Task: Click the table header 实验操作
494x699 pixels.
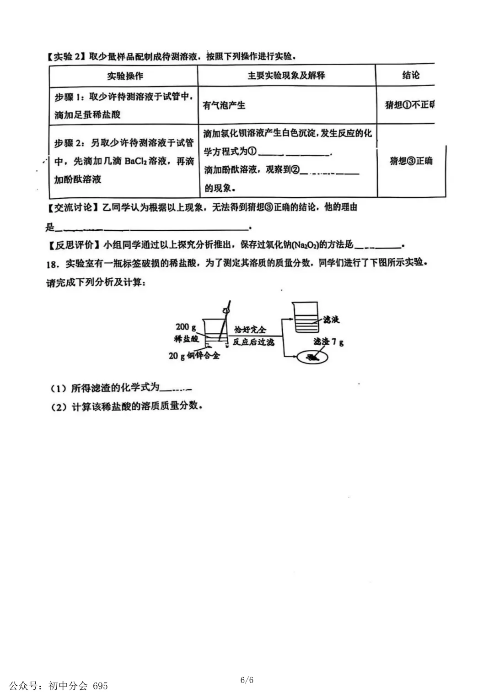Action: click(x=125, y=76)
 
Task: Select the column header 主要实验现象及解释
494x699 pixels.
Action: click(x=286, y=75)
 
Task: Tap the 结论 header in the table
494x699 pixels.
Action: click(x=410, y=75)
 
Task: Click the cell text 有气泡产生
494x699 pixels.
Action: click(x=224, y=105)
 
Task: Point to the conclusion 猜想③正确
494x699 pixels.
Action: click(x=411, y=161)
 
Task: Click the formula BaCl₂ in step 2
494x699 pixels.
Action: click(x=139, y=161)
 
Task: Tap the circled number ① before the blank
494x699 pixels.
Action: click(x=252, y=151)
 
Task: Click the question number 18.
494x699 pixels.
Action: click(x=53, y=264)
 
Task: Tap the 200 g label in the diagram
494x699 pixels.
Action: click(x=186, y=327)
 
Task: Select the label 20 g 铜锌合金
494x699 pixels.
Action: click(x=194, y=356)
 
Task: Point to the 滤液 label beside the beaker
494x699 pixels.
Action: click(x=331, y=320)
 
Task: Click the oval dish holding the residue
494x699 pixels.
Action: click(x=313, y=357)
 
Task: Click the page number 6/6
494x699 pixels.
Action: click(x=247, y=680)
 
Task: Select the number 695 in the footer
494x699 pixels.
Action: click(x=100, y=686)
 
